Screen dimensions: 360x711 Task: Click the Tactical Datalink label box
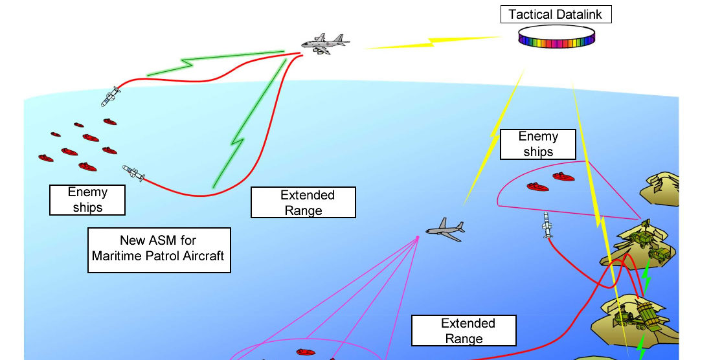coord(556,14)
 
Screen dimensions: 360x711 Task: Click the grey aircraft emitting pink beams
coord(445,229)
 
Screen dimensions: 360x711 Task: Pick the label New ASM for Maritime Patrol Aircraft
coord(159,249)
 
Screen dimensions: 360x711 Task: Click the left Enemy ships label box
coord(87,199)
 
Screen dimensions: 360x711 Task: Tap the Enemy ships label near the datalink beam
coord(537,144)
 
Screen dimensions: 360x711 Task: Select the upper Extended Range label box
coord(303,203)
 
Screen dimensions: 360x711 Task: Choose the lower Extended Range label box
coord(464,330)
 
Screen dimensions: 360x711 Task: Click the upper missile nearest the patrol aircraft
coord(111,96)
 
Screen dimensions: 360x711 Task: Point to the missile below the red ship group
coord(134,172)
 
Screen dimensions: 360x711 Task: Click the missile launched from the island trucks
coord(548,225)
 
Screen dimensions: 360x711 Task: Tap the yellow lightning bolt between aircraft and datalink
coord(431,44)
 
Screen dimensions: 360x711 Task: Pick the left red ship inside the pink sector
coord(537,186)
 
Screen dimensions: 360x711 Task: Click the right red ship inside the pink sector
coord(563,176)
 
